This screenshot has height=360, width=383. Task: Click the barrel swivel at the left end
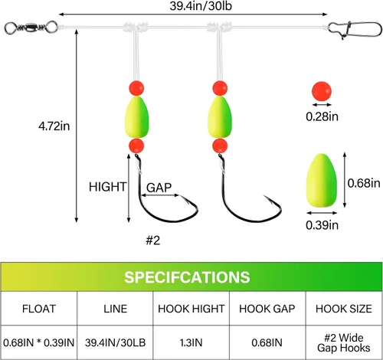pos(31,27)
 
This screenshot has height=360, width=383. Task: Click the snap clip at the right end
pos(355,29)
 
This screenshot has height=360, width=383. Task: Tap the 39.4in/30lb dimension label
pos(201,6)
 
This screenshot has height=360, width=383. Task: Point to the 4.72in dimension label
pos(54,126)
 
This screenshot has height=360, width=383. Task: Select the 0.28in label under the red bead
pos(322,116)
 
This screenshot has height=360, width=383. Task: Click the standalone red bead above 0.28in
pos(322,91)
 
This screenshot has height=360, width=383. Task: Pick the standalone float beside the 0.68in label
pos(322,180)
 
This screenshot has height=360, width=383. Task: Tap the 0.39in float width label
pos(322,225)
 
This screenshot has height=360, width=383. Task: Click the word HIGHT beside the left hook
pos(107,187)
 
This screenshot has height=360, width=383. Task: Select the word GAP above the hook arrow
pos(159,188)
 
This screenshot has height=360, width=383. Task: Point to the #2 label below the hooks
pos(153,241)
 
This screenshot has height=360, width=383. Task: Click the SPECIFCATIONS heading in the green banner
pos(187,277)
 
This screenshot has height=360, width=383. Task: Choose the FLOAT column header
pos(39,309)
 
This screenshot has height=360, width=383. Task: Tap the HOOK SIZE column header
pos(344,309)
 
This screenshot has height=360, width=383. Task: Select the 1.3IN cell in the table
pos(191,342)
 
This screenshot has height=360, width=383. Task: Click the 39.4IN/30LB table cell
pos(115,342)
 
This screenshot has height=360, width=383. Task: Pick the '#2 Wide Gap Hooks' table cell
pos(344,343)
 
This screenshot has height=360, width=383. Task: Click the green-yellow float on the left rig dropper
pos(136,117)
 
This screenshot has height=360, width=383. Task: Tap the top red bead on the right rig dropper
pos(220,88)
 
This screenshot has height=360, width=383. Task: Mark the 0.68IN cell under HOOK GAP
pos(267,342)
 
